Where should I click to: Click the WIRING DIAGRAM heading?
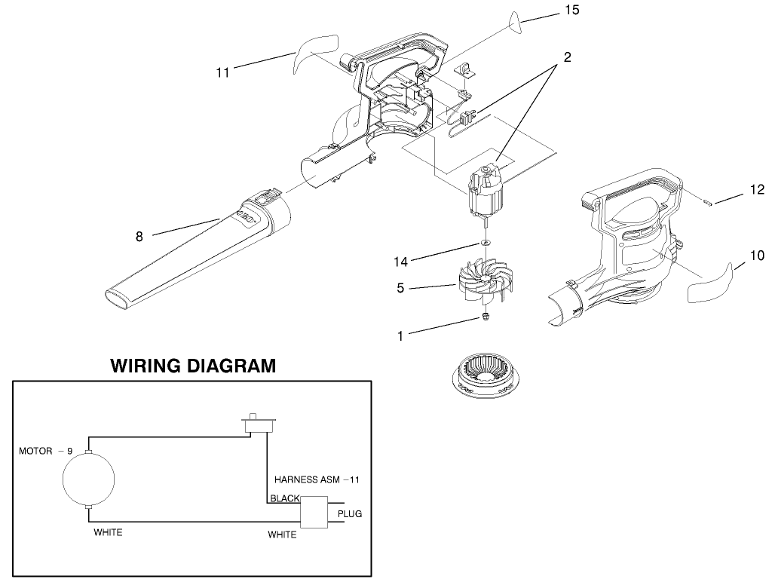pos(193,366)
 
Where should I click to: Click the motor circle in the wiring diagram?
pos(89,479)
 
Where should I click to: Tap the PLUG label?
pos(350,514)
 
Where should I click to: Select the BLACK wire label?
pos(285,498)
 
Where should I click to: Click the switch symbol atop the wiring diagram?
pos(258,424)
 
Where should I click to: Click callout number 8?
pos(139,236)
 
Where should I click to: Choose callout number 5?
pos(401,287)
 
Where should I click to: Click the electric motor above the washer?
pos(486,192)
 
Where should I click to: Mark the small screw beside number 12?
pos(709,201)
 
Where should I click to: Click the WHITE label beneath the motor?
pos(108,532)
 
